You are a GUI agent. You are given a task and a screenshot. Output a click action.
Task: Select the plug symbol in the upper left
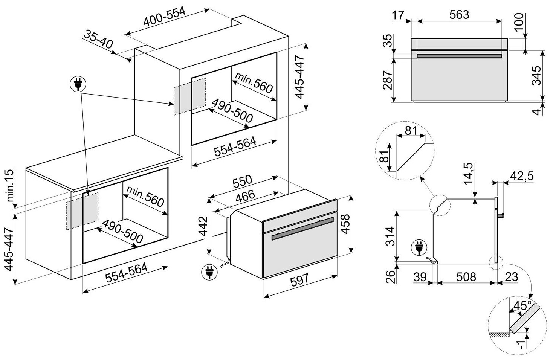coord(78,84)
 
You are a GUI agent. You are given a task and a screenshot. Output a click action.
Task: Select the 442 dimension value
coord(203,226)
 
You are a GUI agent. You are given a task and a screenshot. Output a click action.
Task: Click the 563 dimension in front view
coord(459,15)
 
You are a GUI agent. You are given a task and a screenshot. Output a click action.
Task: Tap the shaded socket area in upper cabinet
coord(189,96)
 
